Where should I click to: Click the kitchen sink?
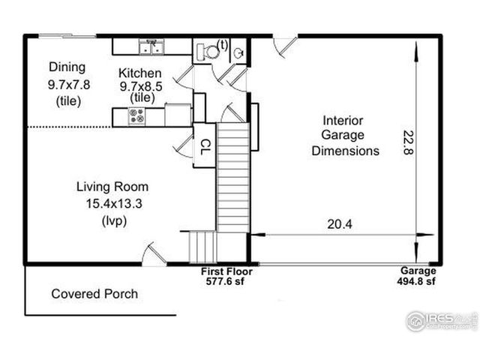[151, 46]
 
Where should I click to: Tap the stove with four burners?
[136, 116]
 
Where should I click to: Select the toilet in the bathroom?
[208, 52]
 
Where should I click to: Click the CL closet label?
[205, 147]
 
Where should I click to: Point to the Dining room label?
[67, 67]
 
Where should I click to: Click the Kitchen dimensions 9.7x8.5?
[141, 87]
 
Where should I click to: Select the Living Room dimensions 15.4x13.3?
[114, 203]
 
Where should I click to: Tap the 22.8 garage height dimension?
[408, 142]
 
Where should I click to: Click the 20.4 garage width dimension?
[340, 224]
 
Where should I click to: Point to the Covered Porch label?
[94, 294]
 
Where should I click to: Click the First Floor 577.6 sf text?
[226, 276]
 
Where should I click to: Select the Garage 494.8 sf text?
[417, 276]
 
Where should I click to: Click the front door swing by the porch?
[154, 253]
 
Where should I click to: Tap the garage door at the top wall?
[285, 46]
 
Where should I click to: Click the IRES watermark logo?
[442, 321]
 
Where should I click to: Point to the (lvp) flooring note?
[114, 221]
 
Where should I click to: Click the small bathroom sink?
[238, 53]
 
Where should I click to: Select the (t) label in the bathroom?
[223, 45]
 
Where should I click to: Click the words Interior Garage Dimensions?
[345, 136]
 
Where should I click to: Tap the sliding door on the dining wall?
[67, 37]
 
